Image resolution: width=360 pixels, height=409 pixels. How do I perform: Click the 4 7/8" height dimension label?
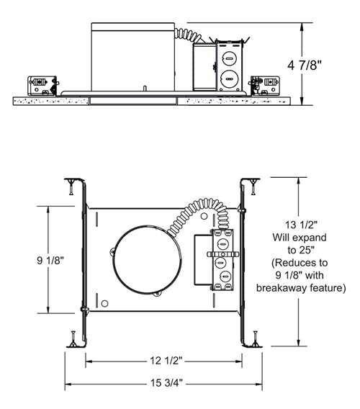305,65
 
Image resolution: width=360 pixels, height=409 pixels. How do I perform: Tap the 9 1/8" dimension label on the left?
50,260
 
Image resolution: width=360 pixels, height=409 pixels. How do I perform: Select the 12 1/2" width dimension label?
166,361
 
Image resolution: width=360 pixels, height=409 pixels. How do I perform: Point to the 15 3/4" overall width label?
166,383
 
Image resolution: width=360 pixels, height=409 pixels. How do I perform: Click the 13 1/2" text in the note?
300,225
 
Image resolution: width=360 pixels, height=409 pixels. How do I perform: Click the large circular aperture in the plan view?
147,260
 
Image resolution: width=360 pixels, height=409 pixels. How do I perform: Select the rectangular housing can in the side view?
132,57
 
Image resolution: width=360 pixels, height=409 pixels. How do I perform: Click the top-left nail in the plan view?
71,186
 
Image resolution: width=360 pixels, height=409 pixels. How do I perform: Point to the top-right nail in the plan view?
253,186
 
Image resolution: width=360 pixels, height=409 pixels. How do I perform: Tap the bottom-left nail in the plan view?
73,338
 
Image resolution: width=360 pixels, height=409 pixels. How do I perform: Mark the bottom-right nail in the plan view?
255,338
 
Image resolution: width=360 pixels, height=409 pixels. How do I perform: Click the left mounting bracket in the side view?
43,86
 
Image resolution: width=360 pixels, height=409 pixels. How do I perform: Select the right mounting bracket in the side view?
264,86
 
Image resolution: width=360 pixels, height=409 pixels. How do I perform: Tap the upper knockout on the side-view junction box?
229,59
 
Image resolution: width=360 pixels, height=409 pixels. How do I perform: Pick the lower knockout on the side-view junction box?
229,78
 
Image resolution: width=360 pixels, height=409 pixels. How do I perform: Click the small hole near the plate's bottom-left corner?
104,303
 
